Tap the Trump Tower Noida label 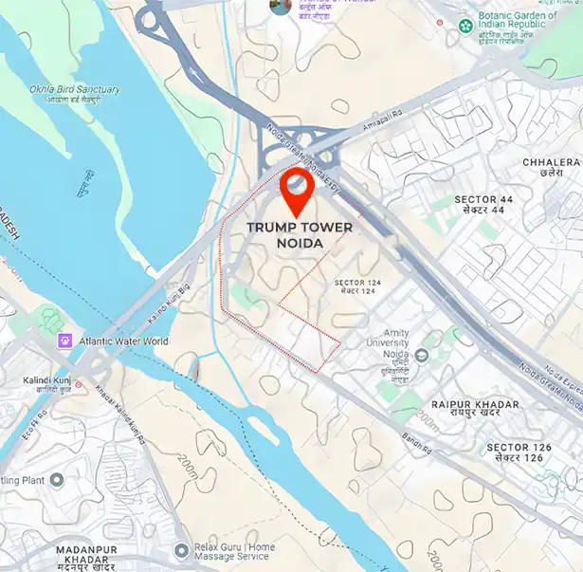(x=300, y=235)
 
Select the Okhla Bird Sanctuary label (x=74, y=94)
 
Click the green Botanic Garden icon (x=465, y=25)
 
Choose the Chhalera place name (x=550, y=168)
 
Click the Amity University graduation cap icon (x=422, y=355)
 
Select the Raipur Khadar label (x=475, y=410)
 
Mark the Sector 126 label (x=515, y=452)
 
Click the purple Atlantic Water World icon (x=64, y=341)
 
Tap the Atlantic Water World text (x=123, y=341)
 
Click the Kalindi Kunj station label (x=49, y=385)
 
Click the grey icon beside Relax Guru (x=182, y=550)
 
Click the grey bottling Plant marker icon (x=56, y=480)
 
